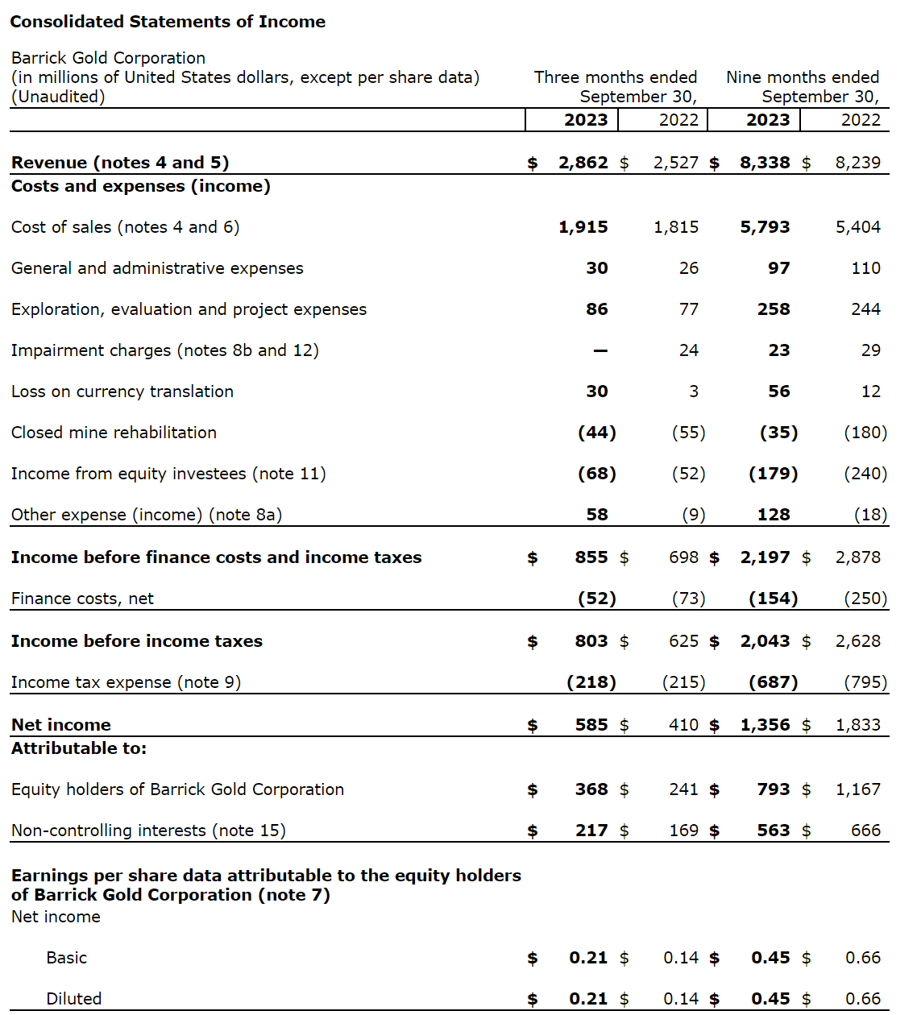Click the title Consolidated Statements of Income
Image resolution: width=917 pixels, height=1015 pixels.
(168, 22)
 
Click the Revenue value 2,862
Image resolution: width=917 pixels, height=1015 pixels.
(583, 163)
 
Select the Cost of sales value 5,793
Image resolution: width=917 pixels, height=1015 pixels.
(765, 227)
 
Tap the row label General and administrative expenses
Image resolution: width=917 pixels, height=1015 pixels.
(157, 268)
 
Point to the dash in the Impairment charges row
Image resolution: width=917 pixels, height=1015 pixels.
(600, 350)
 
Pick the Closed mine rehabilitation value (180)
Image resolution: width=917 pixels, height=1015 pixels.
(865, 433)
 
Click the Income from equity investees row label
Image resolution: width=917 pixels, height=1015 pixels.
(168, 474)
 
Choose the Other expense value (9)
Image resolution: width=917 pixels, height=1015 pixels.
(693, 515)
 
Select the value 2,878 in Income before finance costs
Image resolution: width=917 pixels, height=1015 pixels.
(857, 557)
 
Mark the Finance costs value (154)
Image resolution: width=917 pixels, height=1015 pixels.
(774, 599)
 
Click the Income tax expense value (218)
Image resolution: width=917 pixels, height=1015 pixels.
(591, 682)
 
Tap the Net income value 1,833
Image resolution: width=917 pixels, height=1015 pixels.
(857, 725)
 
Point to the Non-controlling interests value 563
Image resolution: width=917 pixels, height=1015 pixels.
(774, 831)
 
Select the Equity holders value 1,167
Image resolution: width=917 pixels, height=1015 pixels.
(857, 789)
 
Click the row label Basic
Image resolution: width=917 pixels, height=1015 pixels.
(67, 958)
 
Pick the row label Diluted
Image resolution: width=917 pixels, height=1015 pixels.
(74, 999)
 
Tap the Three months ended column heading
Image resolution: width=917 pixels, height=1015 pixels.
(615, 77)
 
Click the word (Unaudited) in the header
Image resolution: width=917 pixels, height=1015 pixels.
(58, 97)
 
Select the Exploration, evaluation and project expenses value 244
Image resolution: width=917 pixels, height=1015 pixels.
(865, 309)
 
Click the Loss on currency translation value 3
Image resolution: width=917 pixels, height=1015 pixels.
(693, 391)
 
